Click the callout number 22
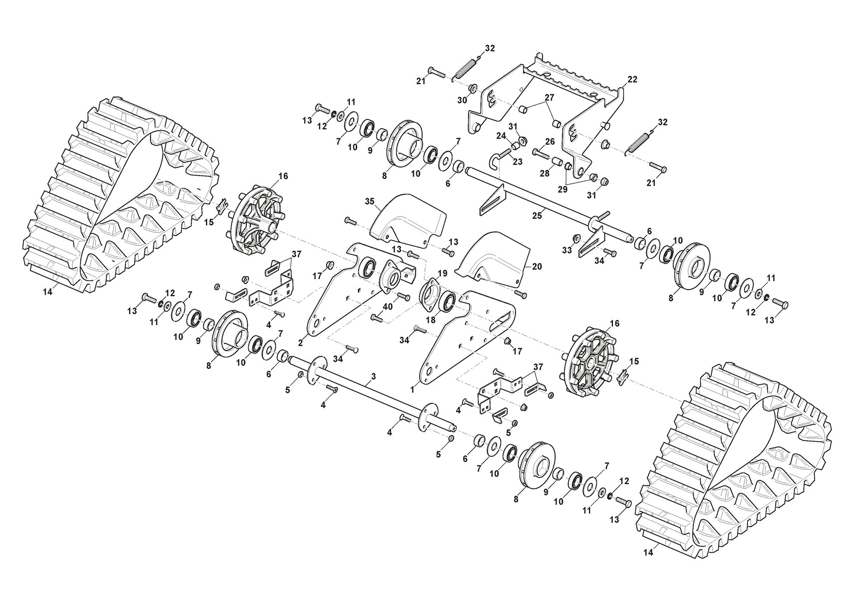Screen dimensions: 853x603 [x=632, y=80]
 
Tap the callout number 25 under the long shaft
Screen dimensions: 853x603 [x=537, y=216]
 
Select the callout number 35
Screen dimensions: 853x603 [x=370, y=201]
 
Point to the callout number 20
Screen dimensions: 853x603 [x=537, y=267]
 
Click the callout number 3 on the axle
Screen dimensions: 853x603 [x=373, y=376]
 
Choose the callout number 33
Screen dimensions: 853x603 [x=567, y=250]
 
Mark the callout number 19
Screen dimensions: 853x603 [x=442, y=273]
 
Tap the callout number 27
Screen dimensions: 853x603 [x=549, y=97]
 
